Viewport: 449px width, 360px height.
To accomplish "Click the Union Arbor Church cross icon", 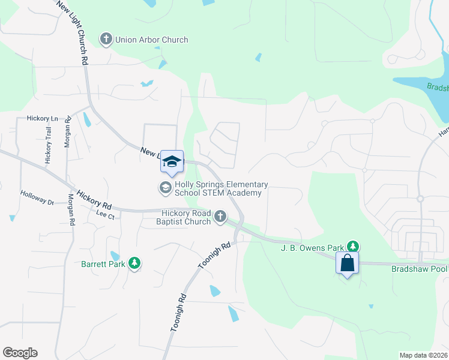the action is point(106,40).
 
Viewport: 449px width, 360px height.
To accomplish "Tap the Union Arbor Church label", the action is point(151,40).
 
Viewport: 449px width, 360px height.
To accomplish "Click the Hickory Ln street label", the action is point(41,119).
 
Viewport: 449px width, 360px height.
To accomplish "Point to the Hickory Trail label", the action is point(48,146).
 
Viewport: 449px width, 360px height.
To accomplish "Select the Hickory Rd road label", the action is point(91,194).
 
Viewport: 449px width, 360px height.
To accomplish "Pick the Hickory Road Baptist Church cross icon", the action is point(220,216).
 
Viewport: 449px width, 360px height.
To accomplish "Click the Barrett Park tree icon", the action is point(135,263).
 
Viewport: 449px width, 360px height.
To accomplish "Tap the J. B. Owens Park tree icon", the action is point(354,247).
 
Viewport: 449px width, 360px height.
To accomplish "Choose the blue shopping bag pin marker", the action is point(347,263).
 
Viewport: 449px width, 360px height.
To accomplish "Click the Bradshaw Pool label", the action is point(419,268).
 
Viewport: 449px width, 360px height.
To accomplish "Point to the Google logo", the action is point(20,353).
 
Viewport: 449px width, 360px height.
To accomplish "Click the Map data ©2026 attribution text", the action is point(424,355).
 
